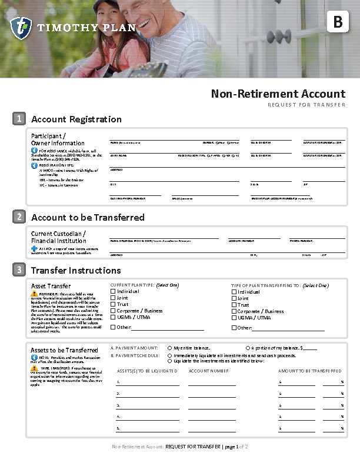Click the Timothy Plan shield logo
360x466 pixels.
click(21, 28)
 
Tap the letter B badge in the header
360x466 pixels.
click(338, 22)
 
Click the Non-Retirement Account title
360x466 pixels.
click(278, 94)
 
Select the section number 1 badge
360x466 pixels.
click(19, 119)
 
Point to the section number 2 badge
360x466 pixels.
click(19, 217)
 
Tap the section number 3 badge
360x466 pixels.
click(19, 270)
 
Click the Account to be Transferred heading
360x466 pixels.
click(88, 217)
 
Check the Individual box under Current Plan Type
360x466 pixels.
click(114, 291)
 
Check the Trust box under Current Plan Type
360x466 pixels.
click(114, 305)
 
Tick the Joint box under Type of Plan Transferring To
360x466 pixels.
click(234, 298)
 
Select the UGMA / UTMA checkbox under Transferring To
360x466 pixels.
click(234, 318)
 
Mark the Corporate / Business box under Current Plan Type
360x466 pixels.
click(114, 311)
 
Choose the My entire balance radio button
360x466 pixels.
click(170, 348)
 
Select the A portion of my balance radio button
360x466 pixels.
click(248, 348)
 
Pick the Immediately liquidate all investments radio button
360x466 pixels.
click(170, 355)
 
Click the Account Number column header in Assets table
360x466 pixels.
click(208, 371)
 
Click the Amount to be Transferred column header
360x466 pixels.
click(309, 371)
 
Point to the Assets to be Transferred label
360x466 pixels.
click(64, 350)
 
